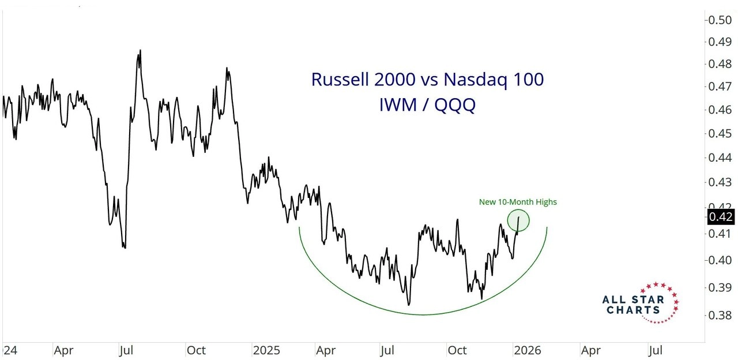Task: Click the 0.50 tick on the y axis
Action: coord(720,20)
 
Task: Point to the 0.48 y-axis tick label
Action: coord(720,64)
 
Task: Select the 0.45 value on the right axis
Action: coord(720,133)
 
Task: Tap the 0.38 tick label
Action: coord(720,315)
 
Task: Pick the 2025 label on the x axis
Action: coord(266,350)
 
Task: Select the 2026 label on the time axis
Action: coord(526,350)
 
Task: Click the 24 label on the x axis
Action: coord(8,350)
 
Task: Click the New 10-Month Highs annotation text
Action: coord(518,202)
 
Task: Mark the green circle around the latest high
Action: coord(518,220)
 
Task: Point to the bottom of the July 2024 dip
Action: coord(125,247)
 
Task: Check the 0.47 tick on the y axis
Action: coord(720,87)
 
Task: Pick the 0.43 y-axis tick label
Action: coord(720,182)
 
